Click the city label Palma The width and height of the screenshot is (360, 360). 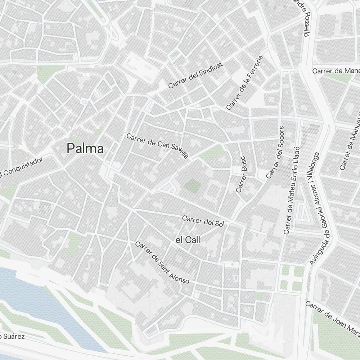coord(85,148)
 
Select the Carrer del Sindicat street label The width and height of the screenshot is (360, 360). coord(195,75)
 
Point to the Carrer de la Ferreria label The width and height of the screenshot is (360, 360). coord(245,82)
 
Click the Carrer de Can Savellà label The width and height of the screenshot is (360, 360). coord(157,145)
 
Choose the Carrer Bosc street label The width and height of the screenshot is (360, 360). coord(241,174)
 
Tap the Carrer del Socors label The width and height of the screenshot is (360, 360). coord(275,152)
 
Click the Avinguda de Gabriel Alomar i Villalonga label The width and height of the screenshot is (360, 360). coord(315,209)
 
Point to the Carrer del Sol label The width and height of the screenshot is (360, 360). coord(203,221)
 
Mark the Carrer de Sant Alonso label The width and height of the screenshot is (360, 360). coord(162,262)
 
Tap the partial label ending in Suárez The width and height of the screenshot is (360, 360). coord(12,337)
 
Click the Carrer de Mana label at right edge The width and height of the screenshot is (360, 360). coord(336,71)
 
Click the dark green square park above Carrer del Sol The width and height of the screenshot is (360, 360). coord(193,186)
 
